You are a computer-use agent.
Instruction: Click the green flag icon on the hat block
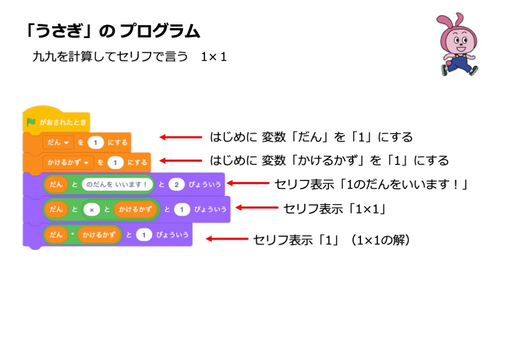(31, 122)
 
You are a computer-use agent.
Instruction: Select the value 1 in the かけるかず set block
(115, 162)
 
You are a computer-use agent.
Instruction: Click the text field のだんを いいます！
(118, 184)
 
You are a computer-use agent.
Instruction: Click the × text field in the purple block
(92, 209)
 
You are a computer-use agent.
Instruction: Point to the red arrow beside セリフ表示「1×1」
(257, 208)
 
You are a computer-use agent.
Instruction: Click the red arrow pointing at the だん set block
(180, 137)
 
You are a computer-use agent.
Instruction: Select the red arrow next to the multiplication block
(227, 239)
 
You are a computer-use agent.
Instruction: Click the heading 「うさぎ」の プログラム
(112, 31)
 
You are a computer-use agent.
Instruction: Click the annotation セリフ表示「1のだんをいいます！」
(371, 184)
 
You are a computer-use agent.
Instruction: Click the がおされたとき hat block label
(62, 122)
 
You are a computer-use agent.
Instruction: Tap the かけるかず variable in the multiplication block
(99, 235)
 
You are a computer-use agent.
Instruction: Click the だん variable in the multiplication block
(56, 235)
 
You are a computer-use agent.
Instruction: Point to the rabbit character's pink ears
(446, 21)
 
